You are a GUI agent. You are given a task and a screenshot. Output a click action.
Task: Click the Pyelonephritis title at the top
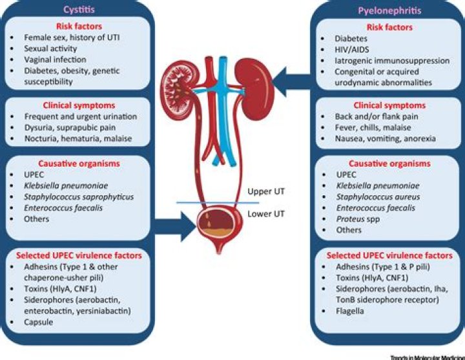click(387, 10)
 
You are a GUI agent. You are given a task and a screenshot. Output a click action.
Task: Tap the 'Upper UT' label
click(265, 192)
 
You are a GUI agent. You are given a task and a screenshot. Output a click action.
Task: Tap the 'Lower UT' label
click(265, 214)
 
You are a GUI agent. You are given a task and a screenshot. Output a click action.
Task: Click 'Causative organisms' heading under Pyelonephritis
click(386, 164)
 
